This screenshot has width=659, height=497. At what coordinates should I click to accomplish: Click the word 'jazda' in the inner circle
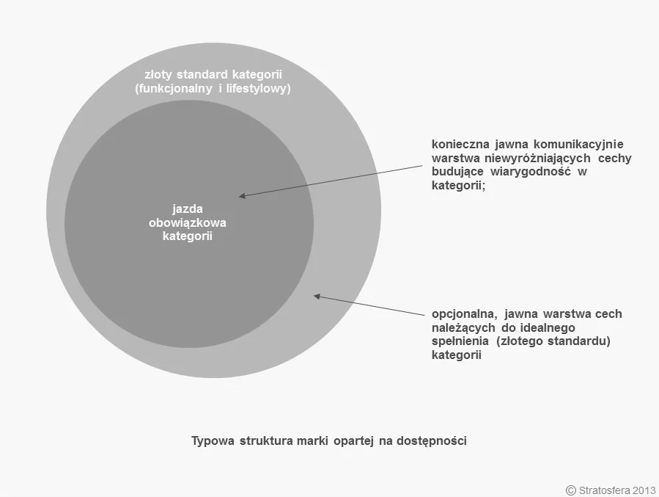tap(188, 209)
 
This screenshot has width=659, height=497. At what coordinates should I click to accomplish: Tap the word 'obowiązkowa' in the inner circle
tap(188, 222)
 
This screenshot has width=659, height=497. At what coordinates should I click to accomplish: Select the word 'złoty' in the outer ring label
tap(158, 75)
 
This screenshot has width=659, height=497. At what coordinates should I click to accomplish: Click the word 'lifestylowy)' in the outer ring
tap(258, 89)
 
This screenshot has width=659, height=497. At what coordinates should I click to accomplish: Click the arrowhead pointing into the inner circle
tap(242, 195)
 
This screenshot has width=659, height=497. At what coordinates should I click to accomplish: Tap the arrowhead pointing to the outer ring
tap(317, 297)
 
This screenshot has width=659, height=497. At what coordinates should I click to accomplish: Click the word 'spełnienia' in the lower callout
tap(460, 341)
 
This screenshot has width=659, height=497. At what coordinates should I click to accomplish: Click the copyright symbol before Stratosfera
tap(571, 490)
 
